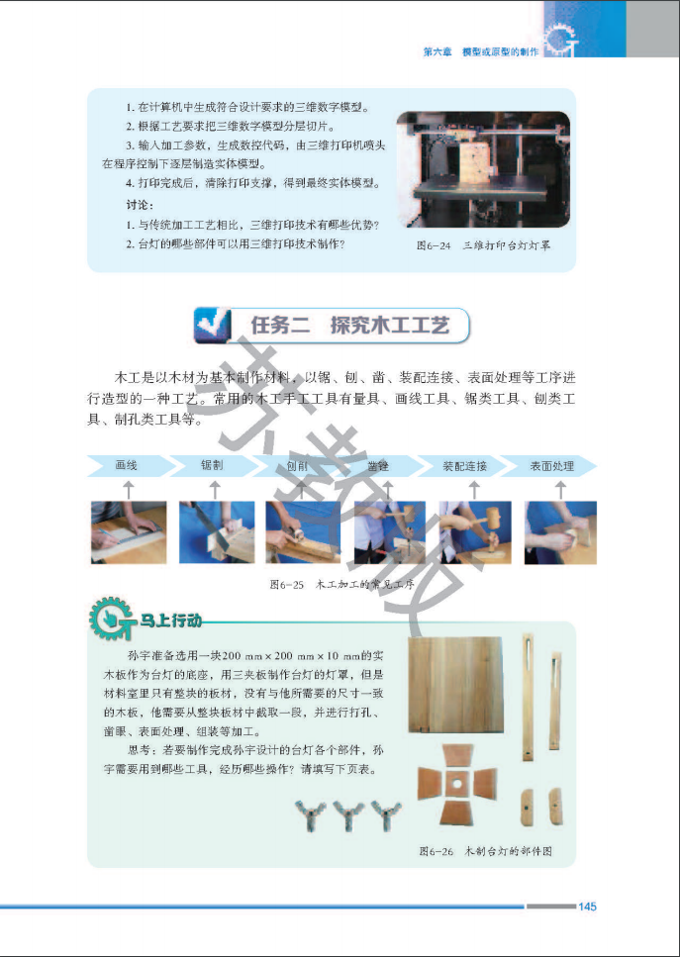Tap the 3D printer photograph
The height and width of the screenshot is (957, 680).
pyautogui.click(x=483, y=169)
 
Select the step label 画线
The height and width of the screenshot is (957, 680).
pyautogui.click(x=127, y=465)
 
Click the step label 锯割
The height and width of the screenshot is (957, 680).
pyautogui.click(x=212, y=465)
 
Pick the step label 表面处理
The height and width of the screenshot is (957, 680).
pyautogui.click(x=551, y=465)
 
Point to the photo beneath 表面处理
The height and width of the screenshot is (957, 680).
pyautogui.click(x=559, y=532)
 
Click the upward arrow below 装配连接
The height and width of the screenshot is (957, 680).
pyautogui.click(x=473, y=489)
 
